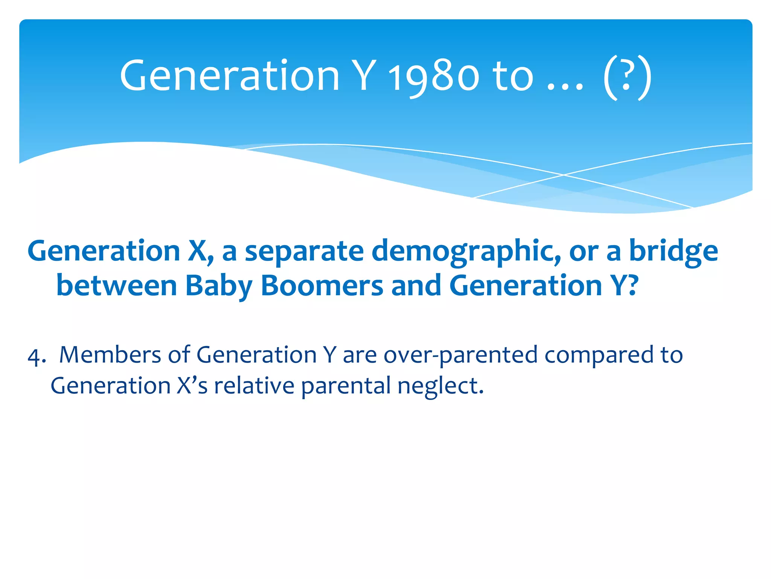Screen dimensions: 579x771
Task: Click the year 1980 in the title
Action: point(434,77)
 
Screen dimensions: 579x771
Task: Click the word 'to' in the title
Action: point(513,77)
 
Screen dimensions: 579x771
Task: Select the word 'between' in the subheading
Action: point(117,286)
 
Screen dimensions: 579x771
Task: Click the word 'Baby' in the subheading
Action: point(219,286)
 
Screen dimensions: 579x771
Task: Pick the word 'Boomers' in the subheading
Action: point(322,286)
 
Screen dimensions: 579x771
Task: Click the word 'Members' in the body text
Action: point(110,355)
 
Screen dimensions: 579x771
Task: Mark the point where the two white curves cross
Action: point(563,175)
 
